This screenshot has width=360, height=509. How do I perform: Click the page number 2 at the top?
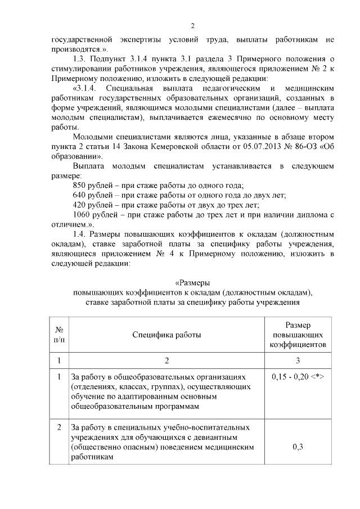coord(192,26)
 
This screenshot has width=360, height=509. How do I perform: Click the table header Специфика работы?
coord(166,335)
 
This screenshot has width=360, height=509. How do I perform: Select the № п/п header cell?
coord(58,335)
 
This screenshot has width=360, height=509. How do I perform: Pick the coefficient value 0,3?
coord(298,447)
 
